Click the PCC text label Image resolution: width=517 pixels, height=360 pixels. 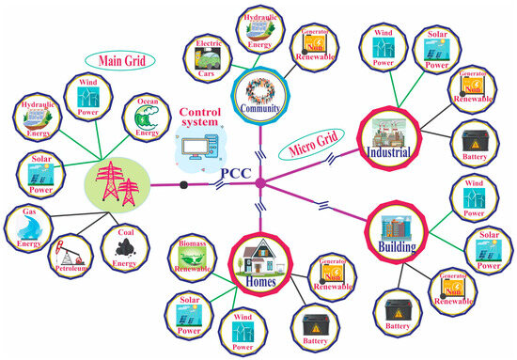(235, 173)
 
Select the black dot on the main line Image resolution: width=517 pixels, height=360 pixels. (185, 186)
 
